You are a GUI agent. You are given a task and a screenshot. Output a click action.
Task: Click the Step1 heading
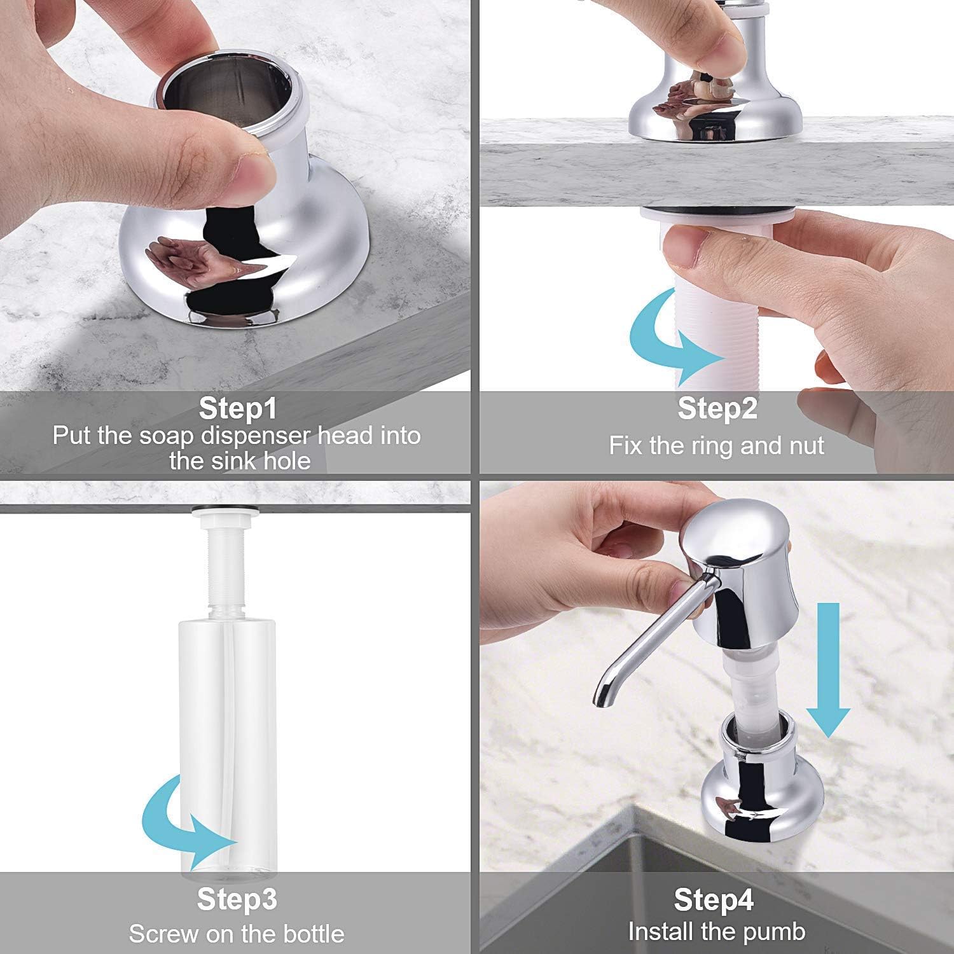(x=238, y=408)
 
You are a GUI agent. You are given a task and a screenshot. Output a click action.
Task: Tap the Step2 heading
(x=717, y=408)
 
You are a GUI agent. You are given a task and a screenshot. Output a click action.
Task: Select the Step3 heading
(x=237, y=899)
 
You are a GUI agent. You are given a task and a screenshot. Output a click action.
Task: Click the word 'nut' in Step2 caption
(x=806, y=446)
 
